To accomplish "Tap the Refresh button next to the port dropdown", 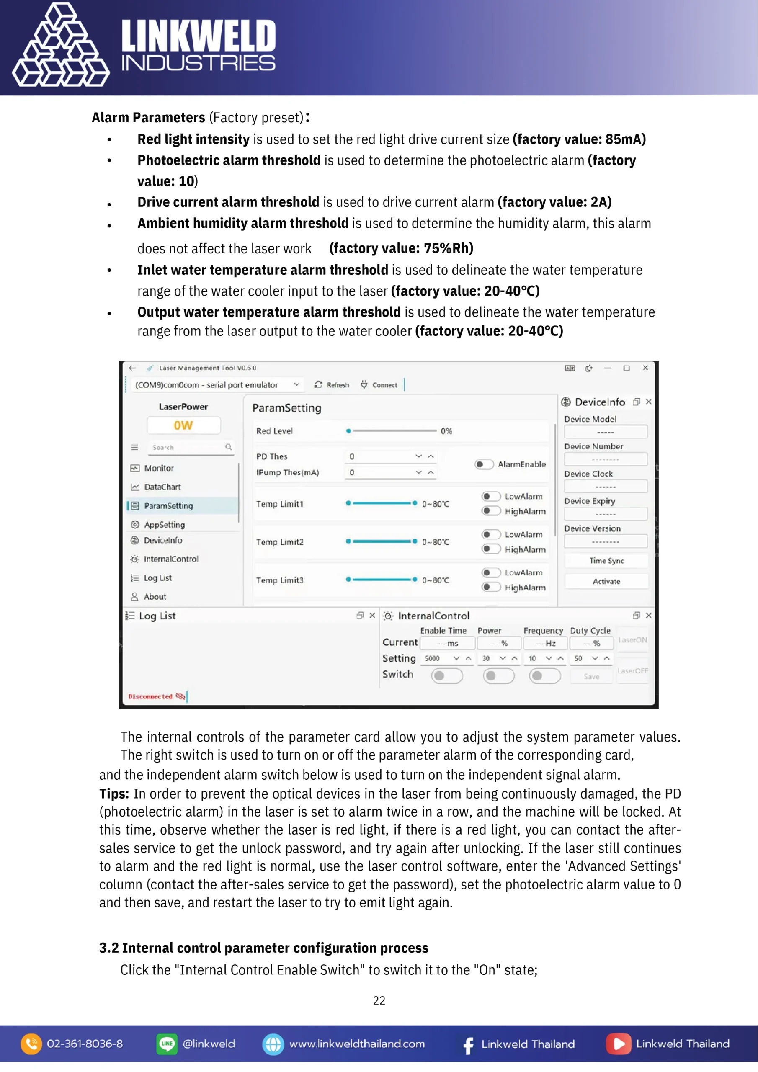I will click(332, 385).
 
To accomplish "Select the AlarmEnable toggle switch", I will click(484, 464).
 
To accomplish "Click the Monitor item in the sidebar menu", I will click(158, 468).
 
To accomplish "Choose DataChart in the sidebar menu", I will click(162, 487).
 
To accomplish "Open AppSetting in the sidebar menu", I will click(164, 524).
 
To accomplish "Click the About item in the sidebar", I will click(155, 596).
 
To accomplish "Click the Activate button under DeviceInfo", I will click(606, 581).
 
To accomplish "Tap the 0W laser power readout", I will click(183, 425).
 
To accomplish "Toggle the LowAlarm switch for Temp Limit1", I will click(491, 496).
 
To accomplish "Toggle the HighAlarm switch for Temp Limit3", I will click(491, 587).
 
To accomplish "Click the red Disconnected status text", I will click(150, 696).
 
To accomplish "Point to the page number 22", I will click(379, 1000).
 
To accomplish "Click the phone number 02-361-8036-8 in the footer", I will click(85, 1044).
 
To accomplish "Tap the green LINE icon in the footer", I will click(167, 1044).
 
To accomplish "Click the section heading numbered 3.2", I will click(263, 947).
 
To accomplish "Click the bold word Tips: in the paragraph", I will click(114, 793).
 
